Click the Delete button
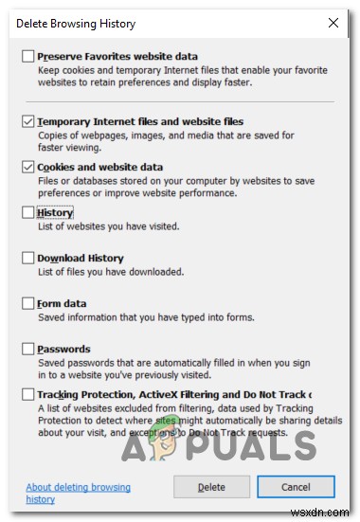tap(211, 487)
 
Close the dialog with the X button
tap(332, 23)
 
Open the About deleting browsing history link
tap(78, 493)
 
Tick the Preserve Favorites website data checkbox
tap(27, 57)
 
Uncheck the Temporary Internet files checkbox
tap(27, 121)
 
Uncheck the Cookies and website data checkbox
tap(27, 168)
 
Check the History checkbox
tap(27, 213)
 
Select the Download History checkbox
tap(27, 258)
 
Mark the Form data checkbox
tap(27, 303)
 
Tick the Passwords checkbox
tap(27, 349)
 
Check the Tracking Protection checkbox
tap(27, 394)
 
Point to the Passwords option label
tap(63, 349)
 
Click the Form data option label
tap(62, 303)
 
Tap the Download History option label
tap(80, 258)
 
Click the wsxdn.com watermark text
tap(330, 512)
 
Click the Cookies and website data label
tap(99, 167)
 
